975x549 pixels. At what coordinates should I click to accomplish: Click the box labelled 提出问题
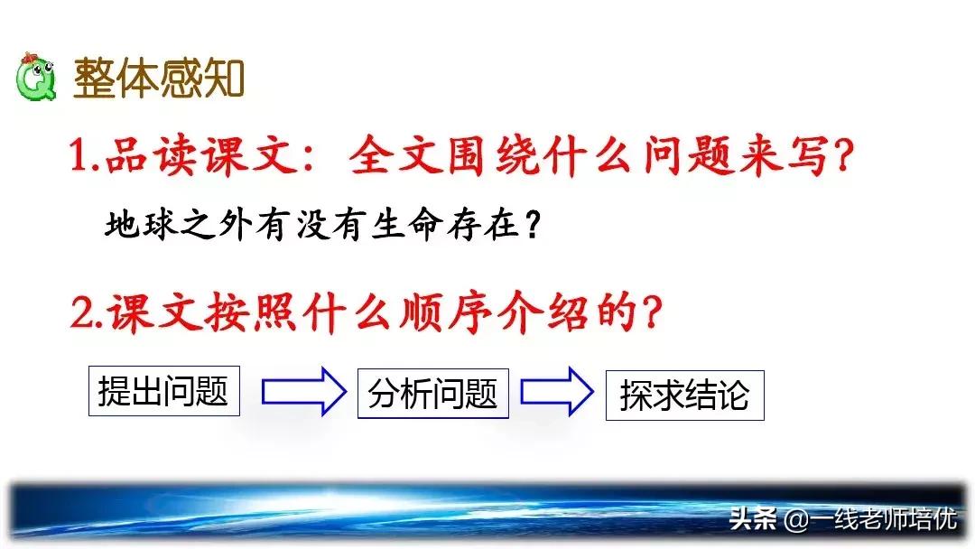coord(163,391)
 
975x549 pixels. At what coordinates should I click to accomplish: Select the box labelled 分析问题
coord(432,393)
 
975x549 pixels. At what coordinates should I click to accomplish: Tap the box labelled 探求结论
coord(684,395)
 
